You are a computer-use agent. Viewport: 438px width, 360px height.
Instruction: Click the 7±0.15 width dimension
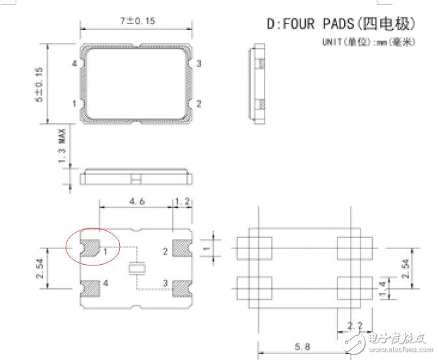click(x=137, y=21)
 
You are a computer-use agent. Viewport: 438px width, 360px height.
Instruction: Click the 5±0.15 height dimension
click(x=40, y=83)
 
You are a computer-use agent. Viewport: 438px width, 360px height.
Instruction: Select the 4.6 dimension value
click(x=137, y=203)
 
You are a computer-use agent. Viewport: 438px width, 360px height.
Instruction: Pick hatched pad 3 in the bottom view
click(x=180, y=286)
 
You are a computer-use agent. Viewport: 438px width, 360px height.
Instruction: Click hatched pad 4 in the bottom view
click(x=91, y=286)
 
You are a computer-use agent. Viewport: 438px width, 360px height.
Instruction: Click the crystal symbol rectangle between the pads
click(x=136, y=267)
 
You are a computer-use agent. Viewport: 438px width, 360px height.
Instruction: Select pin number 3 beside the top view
click(x=198, y=63)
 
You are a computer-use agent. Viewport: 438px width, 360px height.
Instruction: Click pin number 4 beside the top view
click(x=75, y=63)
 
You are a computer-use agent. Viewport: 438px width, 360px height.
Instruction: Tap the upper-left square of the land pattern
click(x=254, y=247)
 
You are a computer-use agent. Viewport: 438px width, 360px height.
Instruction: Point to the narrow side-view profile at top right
click(x=259, y=83)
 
